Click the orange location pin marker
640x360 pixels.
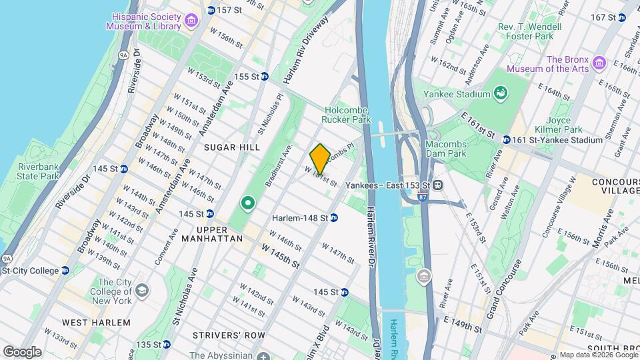coord(320,158)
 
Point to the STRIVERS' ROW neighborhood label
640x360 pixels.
coord(229,334)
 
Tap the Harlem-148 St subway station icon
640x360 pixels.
coord(334,217)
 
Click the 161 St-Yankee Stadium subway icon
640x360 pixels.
coord(507,140)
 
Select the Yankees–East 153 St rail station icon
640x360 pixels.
coord(439,185)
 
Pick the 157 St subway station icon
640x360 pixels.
coord(211,10)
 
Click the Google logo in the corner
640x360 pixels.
coord(22,351)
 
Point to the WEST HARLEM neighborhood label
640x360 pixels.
coord(96,323)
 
